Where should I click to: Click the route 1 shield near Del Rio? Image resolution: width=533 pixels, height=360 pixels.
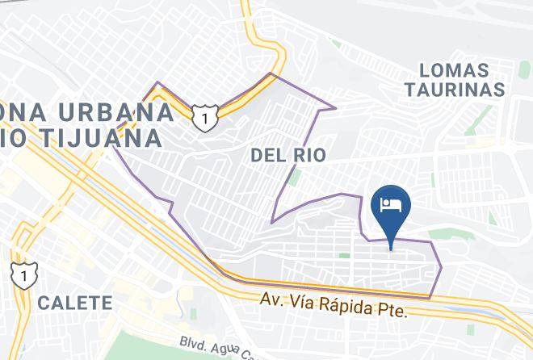coord(205,118)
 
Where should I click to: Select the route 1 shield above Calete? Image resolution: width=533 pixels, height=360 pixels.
coord(21,274)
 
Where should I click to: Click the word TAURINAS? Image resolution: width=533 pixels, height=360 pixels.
coord(455,89)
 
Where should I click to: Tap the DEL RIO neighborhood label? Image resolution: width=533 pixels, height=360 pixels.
coord(289,154)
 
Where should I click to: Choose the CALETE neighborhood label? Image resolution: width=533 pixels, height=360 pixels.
coord(74,303)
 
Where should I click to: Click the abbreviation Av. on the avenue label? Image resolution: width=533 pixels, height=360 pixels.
coord(270,299)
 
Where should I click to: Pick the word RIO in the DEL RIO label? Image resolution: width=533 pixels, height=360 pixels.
coord(309,154)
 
